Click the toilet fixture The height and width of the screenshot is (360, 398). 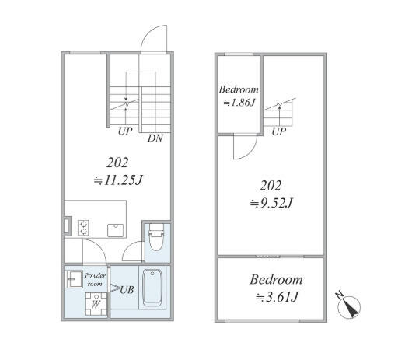[156, 237]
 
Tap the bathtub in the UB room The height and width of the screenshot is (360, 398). [153, 288]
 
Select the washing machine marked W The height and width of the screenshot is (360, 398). [96, 304]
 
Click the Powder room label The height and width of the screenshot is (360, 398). [95, 279]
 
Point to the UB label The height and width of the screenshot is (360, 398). [127, 290]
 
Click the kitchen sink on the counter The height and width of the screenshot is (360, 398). [116, 230]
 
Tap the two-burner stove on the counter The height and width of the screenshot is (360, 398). [83, 228]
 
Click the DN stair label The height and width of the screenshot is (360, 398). [155, 138]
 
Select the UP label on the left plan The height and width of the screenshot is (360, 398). [125, 131]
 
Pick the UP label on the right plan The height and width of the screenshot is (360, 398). [279, 131]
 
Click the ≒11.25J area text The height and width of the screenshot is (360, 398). [118, 180]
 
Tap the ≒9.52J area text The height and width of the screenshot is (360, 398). [271, 203]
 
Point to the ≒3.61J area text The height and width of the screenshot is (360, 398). [277, 297]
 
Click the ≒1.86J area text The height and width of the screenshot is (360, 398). [239, 103]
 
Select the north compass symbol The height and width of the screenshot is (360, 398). [349, 306]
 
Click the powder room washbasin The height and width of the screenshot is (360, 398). [70, 279]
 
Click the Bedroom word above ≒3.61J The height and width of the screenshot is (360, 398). [276, 280]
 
